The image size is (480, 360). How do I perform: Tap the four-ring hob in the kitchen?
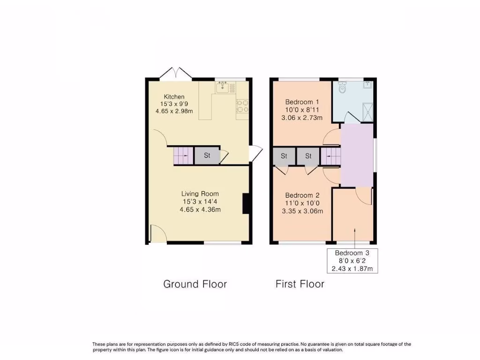point(242,106)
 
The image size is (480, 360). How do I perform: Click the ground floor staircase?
point(181,155)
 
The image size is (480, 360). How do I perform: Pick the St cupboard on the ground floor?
point(207,155)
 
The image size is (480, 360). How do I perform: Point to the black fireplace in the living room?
point(246,203)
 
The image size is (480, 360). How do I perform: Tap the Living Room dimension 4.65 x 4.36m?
point(200,210)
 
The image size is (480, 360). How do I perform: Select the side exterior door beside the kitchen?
point(255,153)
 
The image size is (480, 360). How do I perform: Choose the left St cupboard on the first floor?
point(284,157)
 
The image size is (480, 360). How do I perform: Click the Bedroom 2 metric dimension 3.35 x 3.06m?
point(302,211)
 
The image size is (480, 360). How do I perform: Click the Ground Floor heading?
point(195,284)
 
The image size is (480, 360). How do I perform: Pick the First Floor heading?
point(300,284)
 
